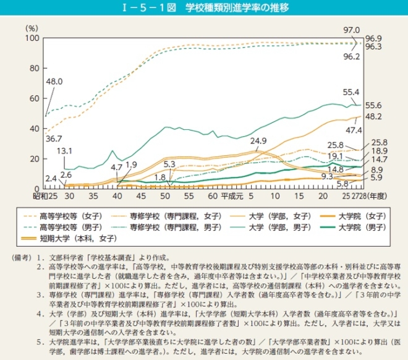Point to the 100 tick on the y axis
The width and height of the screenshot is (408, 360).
[x=32, y=38]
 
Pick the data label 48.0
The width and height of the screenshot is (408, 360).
[x=54, y=81]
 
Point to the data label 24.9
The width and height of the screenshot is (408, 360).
[x=258, y=141]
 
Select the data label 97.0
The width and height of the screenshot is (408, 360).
[x=352, y=30]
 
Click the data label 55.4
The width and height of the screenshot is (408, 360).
[x=351, y=92]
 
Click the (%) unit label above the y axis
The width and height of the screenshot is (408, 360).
[x=32, y=28]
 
